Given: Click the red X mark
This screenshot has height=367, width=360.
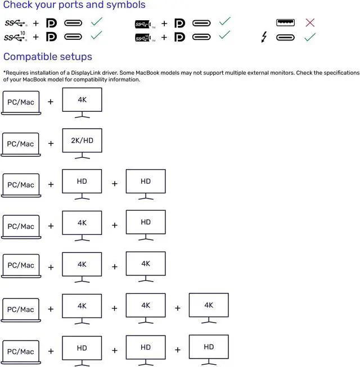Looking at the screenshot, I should coord(309,23).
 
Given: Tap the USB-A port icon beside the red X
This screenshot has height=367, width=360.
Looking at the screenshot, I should coord(286,23).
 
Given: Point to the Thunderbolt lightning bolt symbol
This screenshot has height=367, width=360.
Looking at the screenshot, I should coord(264,38).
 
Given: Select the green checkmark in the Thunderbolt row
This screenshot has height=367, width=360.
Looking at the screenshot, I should coord(309,37).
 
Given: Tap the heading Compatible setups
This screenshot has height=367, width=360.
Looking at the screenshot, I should coord(48,57).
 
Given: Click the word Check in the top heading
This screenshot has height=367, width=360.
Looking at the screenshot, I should coord(17,5).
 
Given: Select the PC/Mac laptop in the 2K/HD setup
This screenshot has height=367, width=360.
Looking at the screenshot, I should coord(20,144).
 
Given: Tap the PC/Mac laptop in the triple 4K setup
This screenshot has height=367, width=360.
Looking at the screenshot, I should coord(20,310).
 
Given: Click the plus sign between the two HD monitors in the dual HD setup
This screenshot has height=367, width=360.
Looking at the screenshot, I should coord(115,184).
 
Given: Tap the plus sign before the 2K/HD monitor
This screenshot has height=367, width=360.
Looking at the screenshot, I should coord(51,143).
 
